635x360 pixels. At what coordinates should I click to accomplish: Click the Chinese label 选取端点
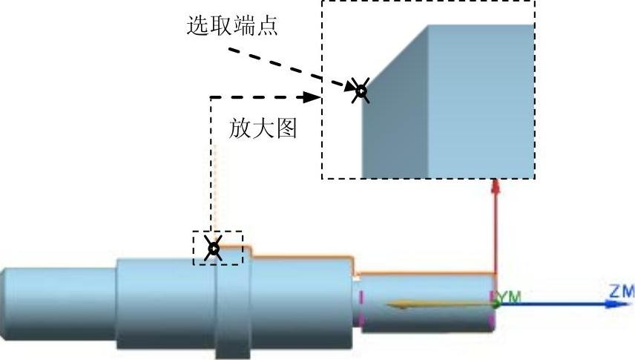click(232, 27)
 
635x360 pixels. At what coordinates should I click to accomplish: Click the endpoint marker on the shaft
click(214, 249)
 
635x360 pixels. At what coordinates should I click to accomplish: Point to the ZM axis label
click(622, 292)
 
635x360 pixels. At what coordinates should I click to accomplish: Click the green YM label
click(510, 297)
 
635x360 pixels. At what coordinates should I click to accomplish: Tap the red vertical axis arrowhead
click(496, 187)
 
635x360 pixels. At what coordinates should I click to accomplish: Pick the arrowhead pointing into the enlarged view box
click(313, 96)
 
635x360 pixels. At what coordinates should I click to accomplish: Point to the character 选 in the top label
click(197, 27)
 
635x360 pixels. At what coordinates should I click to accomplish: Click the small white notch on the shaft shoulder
click(358, 278)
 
